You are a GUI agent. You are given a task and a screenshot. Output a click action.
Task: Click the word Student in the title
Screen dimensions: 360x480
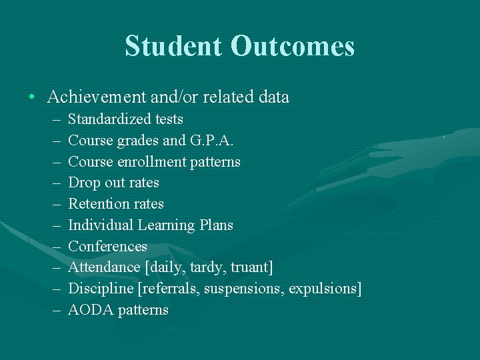[173, 46]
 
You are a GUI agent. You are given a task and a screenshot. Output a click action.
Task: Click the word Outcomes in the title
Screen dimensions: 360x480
[293, 46]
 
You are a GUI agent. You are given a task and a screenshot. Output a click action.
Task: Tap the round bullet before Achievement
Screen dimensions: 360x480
[32, 97]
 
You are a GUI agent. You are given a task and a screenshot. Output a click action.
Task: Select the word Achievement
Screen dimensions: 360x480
[96, 97]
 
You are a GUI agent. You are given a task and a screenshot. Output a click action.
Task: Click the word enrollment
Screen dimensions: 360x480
[155, 162]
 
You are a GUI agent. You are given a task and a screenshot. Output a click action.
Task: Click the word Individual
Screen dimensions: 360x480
[100, 225]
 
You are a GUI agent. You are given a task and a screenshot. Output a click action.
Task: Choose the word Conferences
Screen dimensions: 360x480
[107, 247]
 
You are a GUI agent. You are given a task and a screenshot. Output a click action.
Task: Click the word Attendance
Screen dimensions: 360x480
[104, 267]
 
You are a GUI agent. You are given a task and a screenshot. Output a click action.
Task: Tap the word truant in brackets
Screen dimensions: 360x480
[251, 267]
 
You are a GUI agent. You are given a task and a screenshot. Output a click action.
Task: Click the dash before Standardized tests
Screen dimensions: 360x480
[53, 119]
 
